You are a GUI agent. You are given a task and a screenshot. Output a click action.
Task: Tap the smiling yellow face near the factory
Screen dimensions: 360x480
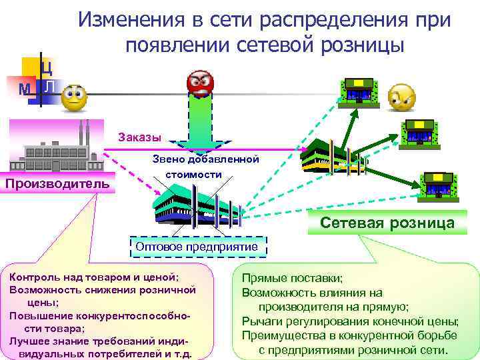pyautogui.click(x=74, y=98)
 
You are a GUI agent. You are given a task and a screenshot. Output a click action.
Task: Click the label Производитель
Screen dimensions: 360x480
pyautogui.click(x=57, y=183)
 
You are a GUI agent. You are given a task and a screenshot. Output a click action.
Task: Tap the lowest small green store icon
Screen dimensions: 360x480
pyautogui.click(x=438, y=183)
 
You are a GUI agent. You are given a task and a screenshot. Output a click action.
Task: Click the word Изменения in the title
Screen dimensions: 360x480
pyautogui.click(x=131, y=20)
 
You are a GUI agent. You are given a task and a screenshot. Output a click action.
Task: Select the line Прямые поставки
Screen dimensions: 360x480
pyautogui.click(x=293, y=277)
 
